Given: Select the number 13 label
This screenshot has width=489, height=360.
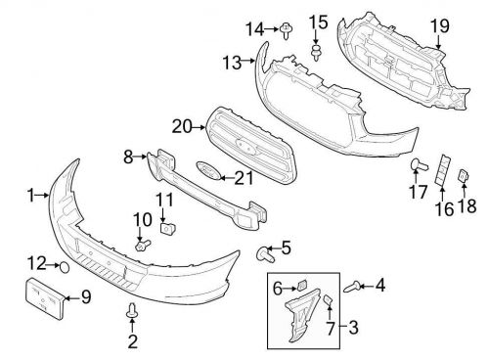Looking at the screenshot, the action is pyautogui.click(x=231, y=64).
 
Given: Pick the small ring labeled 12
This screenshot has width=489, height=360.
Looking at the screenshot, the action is pyautogui.click(x=63, y=265).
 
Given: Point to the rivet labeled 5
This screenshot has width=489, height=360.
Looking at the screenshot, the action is pyautogui.click(x=263, y=254).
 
